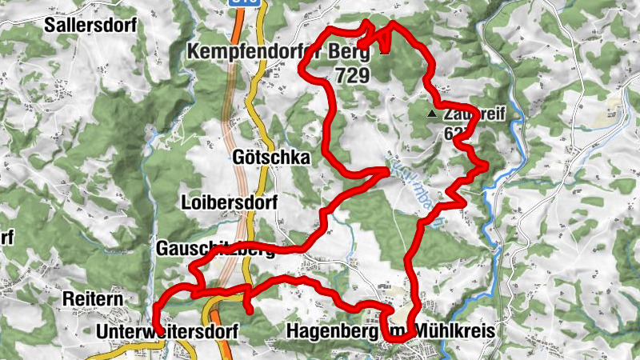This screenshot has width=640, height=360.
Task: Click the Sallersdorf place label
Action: (x=90, y=24)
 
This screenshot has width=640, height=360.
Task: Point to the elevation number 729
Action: (x=351, y=76)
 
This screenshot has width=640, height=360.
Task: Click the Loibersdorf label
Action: (x=229, y=202)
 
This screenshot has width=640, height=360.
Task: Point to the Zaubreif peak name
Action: (x=468, y=115)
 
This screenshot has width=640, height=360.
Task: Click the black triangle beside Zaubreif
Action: (x=433, y=114)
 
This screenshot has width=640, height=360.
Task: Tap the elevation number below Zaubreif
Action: (x=453, y=134)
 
